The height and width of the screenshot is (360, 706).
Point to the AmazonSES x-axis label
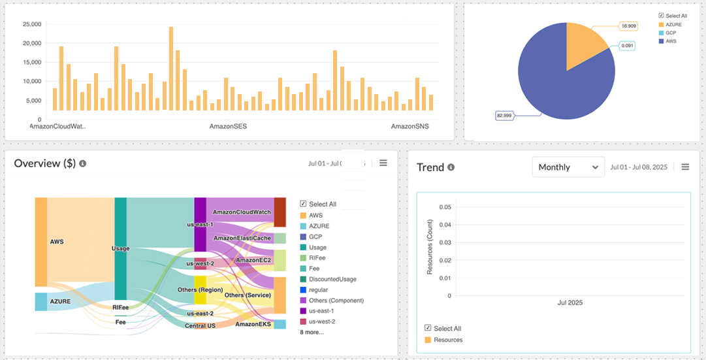click(228, 125)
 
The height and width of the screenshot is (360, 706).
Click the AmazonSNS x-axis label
click(410, 125)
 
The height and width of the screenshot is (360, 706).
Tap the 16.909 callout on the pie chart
click(629, 26)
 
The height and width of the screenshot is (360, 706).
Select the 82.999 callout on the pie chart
click(504, 116)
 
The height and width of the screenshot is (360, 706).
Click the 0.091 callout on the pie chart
click(628, 45)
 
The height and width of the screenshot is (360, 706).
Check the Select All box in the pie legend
click(662, 16)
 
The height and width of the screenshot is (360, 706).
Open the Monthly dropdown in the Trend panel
click(568, 167)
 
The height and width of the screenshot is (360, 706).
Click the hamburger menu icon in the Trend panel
click(685, 167)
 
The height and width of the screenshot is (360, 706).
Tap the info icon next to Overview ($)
click(83, 163)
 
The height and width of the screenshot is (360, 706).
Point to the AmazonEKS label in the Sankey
click(253, 324)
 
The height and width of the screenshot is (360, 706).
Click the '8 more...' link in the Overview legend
click(312, 332)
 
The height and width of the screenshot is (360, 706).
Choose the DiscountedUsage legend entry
click(332, 279)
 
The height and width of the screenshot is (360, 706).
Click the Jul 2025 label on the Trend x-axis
click(570, 303)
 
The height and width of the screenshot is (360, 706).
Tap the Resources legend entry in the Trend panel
click(448, 340)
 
